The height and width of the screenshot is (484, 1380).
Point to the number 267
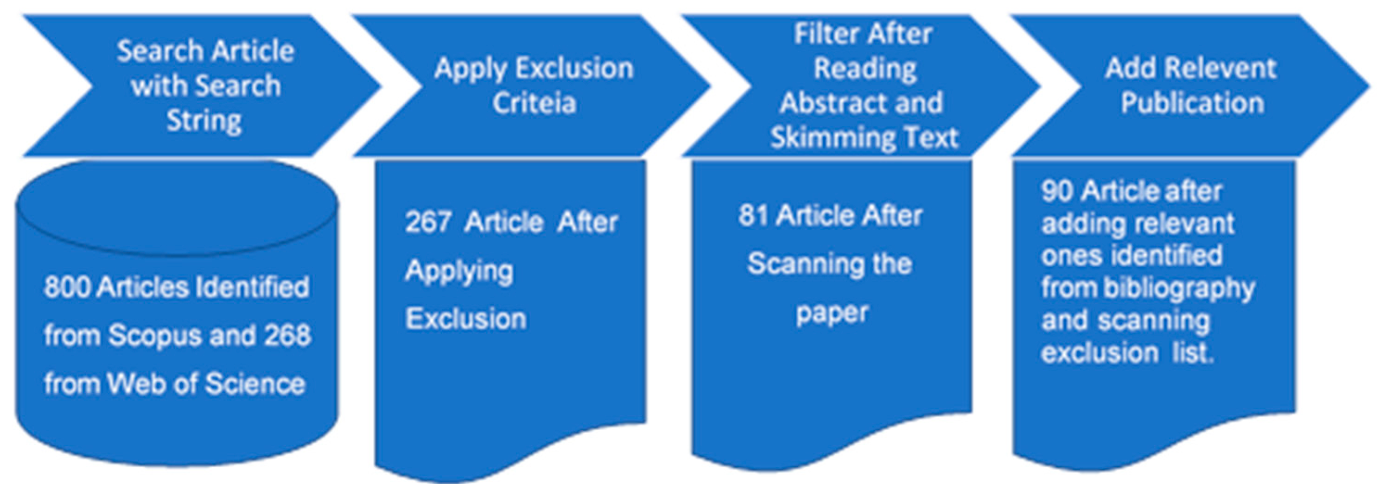pyautogui.click(x=428, y=222)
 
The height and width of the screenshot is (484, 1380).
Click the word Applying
pyautogui.click(x=459, y=271)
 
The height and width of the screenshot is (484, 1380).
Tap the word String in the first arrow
pyautogui.click(x=204, y=120)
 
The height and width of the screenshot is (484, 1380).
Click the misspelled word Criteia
pyautogui.click(x=534, y=103)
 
